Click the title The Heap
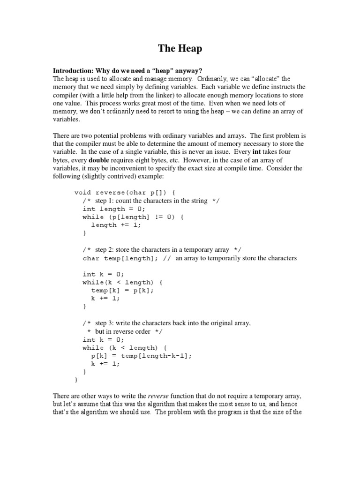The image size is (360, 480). (x=180, y=48)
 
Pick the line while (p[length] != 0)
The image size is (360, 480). (x=134, y=217)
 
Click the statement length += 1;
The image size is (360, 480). (x=116, y=225)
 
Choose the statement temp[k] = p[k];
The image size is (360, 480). (x=122, y=290)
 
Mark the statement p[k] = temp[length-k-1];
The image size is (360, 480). (x=142, y=356)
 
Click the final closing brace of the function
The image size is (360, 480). (x=76, y=380)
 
